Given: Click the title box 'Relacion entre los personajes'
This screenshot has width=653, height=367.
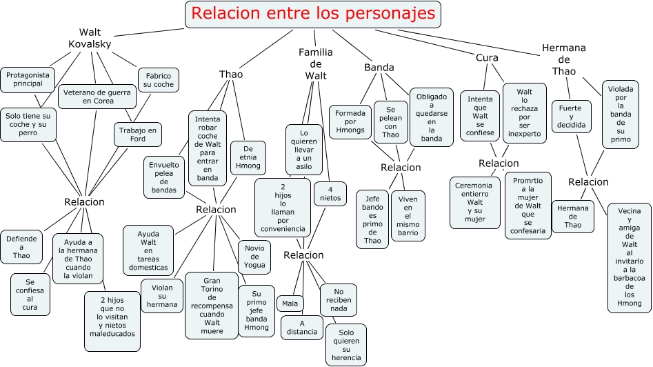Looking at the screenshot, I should [313, 14].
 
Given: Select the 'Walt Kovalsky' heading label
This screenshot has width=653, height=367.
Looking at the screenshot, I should [90, 38].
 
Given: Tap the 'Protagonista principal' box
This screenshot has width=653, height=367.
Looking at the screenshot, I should [27, 79].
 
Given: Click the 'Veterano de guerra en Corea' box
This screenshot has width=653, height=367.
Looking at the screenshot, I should [97, 96].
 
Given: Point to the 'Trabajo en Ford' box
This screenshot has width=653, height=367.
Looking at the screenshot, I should [138, 135].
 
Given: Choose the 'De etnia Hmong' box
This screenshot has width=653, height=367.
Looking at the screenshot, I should [248, 158].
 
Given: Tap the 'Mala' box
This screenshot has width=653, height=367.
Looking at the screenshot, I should [290, 303].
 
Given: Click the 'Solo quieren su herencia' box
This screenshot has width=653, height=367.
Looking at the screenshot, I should [346, 344].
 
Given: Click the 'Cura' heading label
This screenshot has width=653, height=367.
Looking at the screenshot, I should [487, 57].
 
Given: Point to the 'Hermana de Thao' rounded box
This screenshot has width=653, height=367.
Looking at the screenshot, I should [573, 217].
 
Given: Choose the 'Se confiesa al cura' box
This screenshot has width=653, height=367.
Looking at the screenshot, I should [30, 294].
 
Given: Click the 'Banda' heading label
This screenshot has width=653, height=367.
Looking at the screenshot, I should [379, 68].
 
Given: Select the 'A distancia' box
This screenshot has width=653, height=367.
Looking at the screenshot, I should [301, 327].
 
